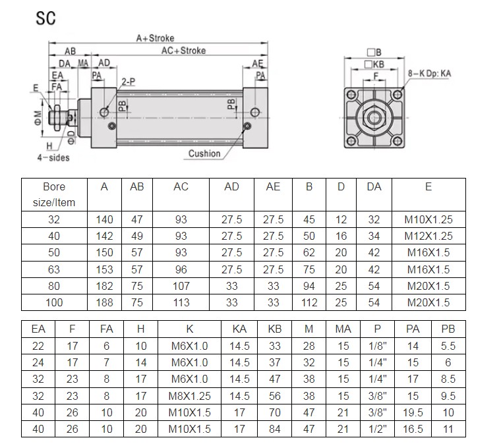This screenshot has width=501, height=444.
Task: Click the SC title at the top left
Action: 45,18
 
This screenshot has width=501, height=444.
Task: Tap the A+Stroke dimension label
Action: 155,39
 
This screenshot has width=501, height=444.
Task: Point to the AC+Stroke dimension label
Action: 183,51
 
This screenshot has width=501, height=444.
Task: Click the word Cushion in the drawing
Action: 204,153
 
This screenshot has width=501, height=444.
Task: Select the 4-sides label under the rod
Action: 53,157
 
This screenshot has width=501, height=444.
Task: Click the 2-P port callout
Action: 128,82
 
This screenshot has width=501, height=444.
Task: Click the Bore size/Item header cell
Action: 54,194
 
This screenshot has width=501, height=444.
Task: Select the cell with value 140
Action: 104,220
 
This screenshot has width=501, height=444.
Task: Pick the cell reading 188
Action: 104,302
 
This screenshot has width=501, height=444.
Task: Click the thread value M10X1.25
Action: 428,220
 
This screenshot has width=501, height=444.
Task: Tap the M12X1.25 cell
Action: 428,236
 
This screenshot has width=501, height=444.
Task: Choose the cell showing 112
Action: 309,302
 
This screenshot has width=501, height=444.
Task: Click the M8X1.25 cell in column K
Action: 191,395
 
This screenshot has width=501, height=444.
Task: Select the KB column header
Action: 274,329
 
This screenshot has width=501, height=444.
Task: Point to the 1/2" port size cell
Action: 378,428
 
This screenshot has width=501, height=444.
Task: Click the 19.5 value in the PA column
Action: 413,412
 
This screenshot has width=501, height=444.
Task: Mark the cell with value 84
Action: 274,428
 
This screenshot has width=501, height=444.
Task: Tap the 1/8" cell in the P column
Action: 378,345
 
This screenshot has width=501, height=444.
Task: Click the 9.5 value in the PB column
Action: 448,395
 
